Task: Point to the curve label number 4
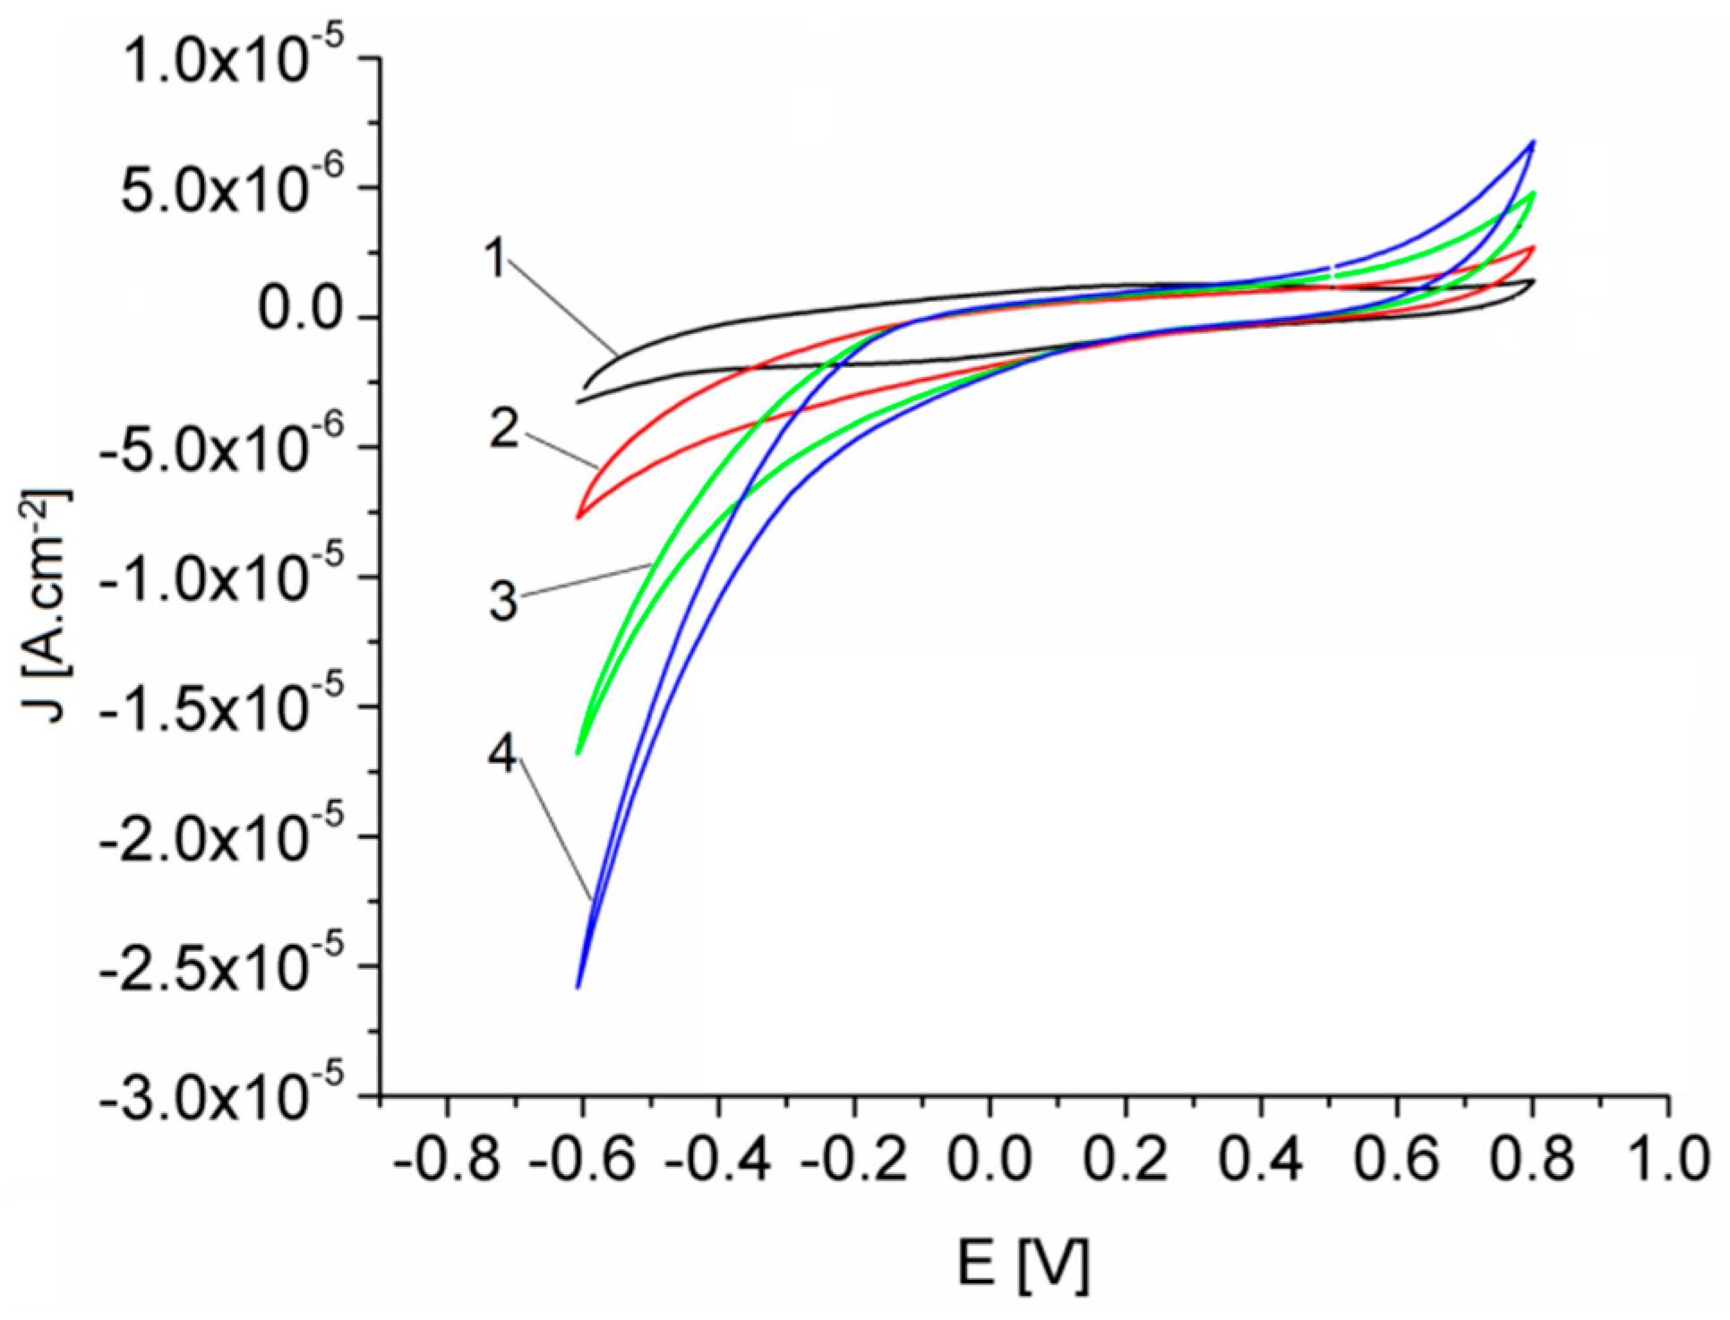click(x=503, y=754)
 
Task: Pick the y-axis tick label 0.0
click(x=300, y=310)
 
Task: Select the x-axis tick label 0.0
click(x=989, y=1159)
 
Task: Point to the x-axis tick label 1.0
click(x=1668, y=1159)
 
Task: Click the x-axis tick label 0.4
click(x=1261, y=1159)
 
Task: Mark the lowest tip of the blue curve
click(x=578, y=987)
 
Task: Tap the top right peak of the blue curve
click(x=1534, y=141)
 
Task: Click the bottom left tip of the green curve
click(x=578, y=753)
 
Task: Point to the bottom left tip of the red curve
click(x=578, y=518)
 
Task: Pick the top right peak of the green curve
click(x=1534, y=193)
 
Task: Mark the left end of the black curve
click(x=578, y=401)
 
